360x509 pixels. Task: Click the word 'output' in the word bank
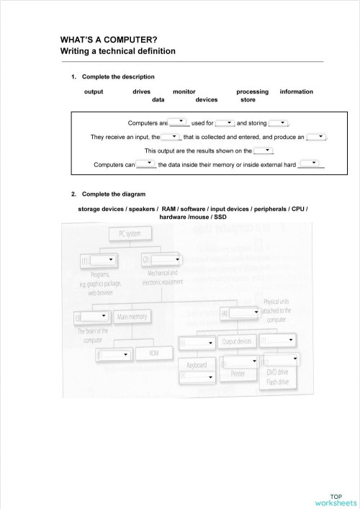[94, 91]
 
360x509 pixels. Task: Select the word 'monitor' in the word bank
[184, 91]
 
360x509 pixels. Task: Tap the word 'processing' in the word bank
[252, 91]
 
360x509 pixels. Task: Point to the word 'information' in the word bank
[296, 91]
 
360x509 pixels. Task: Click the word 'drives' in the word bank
[141, 91]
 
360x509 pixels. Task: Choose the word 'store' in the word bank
[248, 100]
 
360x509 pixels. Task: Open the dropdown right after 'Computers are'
[179, 122]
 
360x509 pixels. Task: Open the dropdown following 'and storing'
[279, 123]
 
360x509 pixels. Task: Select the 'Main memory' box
[132, 316]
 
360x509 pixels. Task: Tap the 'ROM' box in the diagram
[153, 353]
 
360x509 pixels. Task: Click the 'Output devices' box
[237, 341]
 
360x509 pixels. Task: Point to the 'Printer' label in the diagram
[238, 374]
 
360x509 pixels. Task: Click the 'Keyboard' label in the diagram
[197, 365]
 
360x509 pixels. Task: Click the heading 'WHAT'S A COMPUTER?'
[109, 40]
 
